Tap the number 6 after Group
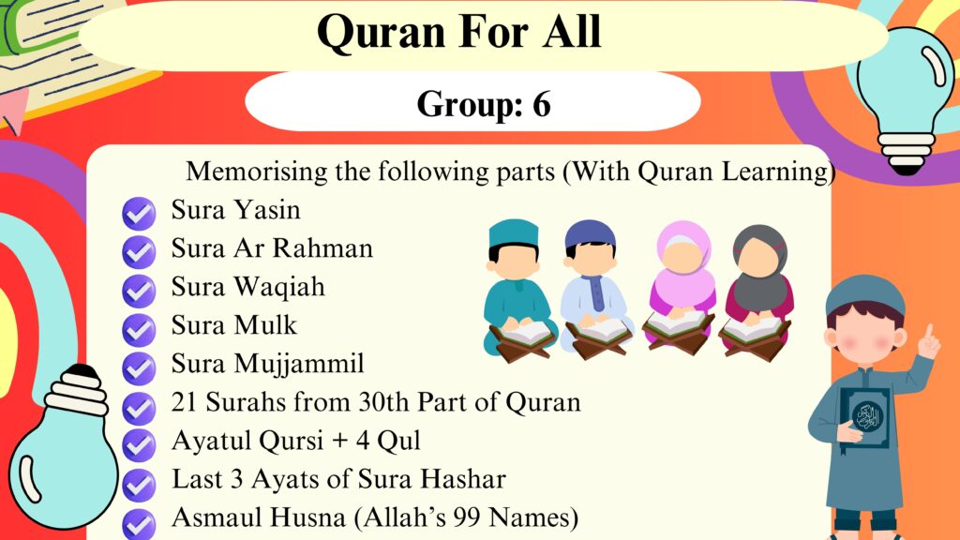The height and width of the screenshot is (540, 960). click(541, 103)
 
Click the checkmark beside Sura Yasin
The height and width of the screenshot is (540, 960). click(139, 213)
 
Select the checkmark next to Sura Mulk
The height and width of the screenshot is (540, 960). click(139, 329)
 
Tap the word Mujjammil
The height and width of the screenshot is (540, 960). click(299, 365)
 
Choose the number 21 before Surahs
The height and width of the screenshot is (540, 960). click(184, 402)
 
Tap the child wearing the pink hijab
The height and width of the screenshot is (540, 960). click(682, 287)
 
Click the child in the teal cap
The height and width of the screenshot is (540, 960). click(517, 289)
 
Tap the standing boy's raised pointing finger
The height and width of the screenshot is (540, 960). click(930, 333)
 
